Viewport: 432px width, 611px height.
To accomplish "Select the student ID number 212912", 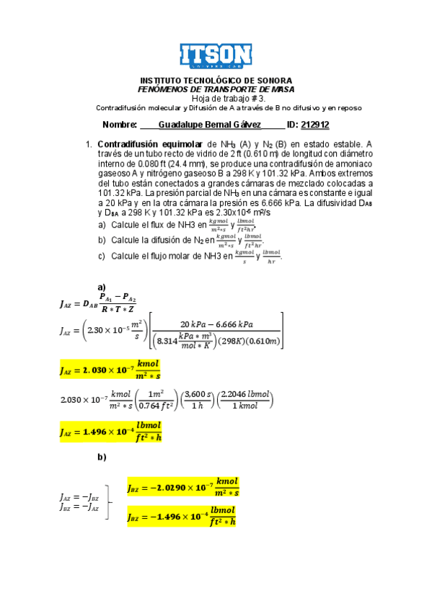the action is [314, 124].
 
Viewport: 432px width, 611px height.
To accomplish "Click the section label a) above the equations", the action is [101, 286].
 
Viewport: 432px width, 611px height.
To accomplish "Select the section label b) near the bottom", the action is [101, 457].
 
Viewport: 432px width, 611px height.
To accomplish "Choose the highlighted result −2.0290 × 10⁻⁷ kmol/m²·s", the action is [182, 487].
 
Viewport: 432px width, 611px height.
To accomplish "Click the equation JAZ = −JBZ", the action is [79, 497].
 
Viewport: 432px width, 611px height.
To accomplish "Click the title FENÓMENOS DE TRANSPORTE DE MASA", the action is [216, 89].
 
